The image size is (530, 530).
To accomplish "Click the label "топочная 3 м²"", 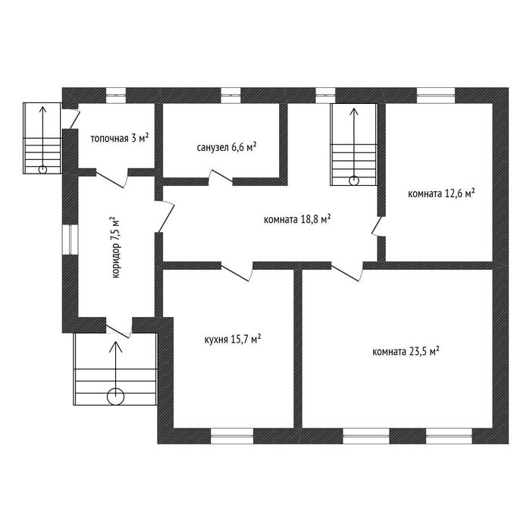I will [x=119, y=139].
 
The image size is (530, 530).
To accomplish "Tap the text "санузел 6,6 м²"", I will [x=225, y=146].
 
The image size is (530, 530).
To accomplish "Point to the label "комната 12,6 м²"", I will [x=441, y=193].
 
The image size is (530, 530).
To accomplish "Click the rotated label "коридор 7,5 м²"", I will [x=116, y=246].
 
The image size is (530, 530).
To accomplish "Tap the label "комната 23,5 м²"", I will [x=406, y=352].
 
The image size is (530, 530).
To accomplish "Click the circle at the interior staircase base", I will [x=354, y=180].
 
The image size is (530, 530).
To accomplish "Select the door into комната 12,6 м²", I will [x=377, y=225].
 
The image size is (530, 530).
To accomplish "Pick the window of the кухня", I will [x=231, y=436].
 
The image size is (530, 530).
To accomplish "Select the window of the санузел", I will [x=231, y=95].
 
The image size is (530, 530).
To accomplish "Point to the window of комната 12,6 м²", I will [x=435, y=95].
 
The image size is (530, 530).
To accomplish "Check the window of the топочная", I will [x=116, y=95].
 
